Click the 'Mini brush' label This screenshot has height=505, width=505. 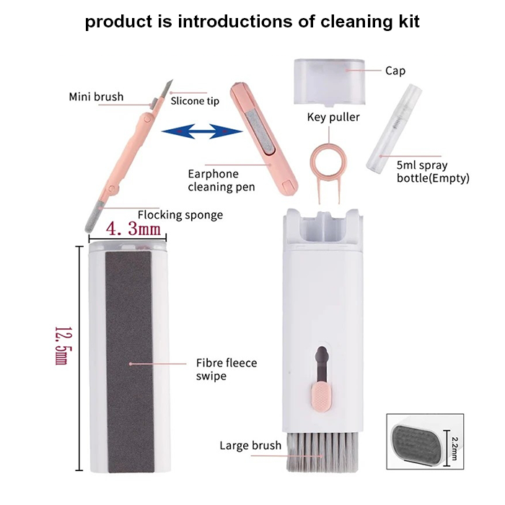[96, 97]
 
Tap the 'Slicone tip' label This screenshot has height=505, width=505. [195, 101]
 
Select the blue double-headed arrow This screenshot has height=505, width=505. [202, 131]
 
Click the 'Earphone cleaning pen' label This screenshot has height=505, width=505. [221, 180]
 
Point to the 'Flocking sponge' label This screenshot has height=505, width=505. [180, 215]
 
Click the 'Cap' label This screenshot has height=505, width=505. [395, 71]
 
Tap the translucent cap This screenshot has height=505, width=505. [330, 82]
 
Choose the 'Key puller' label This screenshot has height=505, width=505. [333, 117]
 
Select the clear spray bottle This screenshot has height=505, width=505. [394, 127]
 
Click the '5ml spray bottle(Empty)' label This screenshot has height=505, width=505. [433, 172]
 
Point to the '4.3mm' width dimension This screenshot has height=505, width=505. [133, 229]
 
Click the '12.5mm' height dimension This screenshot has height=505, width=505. [62, 346]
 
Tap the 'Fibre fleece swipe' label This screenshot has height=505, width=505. [227, 369]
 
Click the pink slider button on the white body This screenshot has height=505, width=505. [321, 397]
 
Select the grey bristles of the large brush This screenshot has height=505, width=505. [322, 452]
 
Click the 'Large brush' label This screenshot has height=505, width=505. [250, 445]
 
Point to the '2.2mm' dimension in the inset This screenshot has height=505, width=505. [454, 448]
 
